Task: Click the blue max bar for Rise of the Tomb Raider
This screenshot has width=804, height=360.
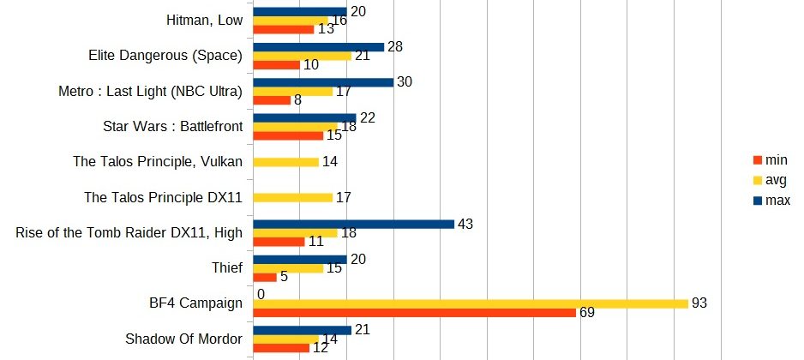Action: [x=353, y=224]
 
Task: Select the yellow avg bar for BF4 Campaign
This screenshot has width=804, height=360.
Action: [x=471, y=303]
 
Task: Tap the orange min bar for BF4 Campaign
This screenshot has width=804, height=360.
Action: [x=414, y=312]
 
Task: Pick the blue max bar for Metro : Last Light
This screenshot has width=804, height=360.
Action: [x=323, y=82]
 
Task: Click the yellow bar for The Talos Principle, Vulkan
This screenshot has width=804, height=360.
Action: [x=285, y=162]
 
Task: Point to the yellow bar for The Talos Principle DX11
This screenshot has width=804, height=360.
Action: [x=292, y=197]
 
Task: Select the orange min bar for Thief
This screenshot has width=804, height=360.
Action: [x=265, y=277]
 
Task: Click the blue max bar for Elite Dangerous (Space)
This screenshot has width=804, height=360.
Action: [x=319, y=47]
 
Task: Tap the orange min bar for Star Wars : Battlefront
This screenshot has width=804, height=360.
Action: [x=288, y=135]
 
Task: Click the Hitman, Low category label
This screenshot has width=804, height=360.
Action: [x=193, y=21]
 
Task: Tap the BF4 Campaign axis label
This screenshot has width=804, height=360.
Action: [x=196, y=303]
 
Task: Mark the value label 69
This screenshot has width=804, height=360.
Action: [x=587, y=313]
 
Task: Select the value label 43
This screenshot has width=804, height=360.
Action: [x=466, y=224]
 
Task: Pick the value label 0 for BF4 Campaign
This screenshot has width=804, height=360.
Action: [x=261, y=294]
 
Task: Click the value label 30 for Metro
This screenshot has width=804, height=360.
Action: [x=405, y=82]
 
